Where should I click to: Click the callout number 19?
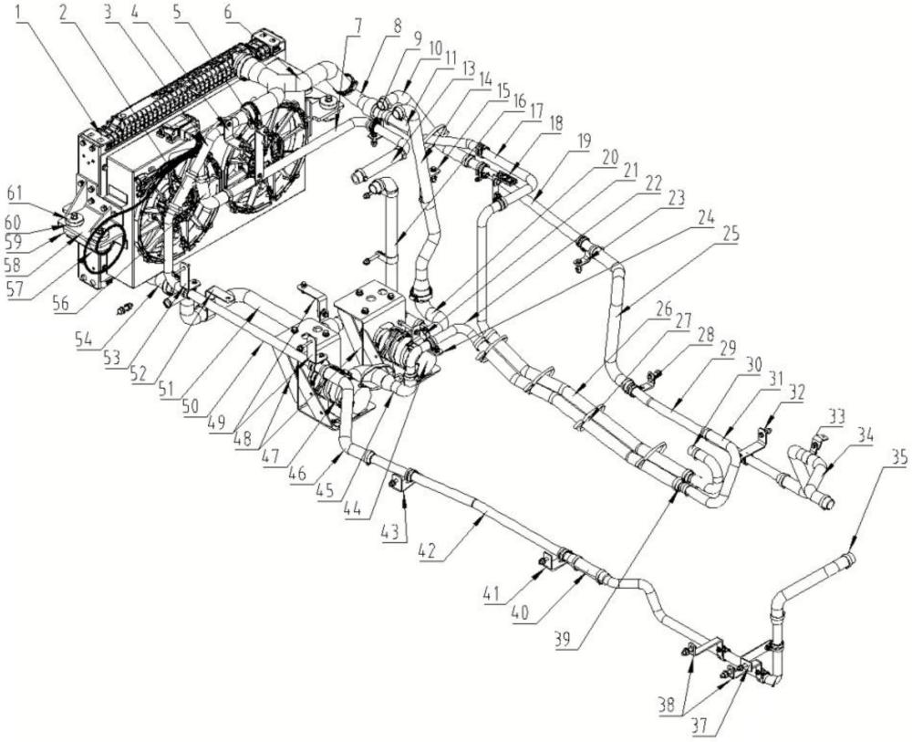pyautogui.click(x=583, y=140)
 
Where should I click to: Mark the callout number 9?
pyautogui.click(x=416, y=40)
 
